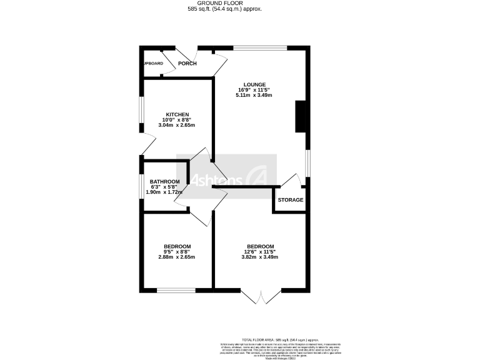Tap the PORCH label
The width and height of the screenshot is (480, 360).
point(187,64)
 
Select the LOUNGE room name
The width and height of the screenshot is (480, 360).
point(256,84)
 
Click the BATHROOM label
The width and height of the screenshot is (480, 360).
point(164,181)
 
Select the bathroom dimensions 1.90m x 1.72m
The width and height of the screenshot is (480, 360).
point(164,192)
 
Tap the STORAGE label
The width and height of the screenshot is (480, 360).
point(291,200)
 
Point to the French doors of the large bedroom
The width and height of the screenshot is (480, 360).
point(261,296)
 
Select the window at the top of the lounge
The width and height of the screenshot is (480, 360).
point(261,47)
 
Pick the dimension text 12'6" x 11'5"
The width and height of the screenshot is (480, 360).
point(261,252)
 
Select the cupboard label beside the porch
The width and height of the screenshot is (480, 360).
point(152,64)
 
